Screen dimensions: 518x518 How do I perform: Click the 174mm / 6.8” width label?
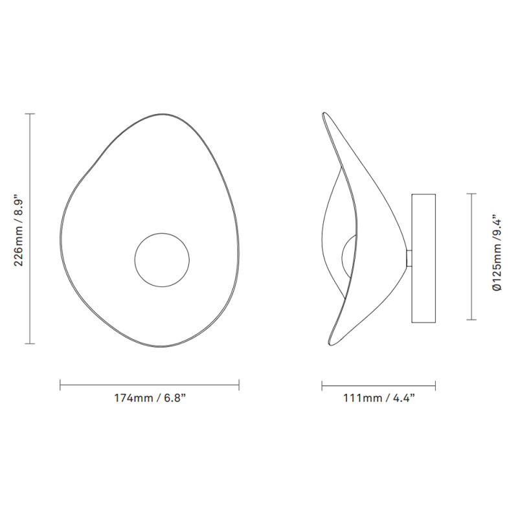(x=150, y=398)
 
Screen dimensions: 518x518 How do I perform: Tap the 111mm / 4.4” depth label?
(x=379, y=398)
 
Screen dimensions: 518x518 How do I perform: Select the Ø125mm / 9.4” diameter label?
(x=497, y=256)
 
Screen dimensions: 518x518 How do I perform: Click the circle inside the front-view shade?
(x=162, y=260)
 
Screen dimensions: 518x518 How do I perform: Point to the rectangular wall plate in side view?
(x=423, y=256)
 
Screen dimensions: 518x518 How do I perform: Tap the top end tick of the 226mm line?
(x=29, y=114)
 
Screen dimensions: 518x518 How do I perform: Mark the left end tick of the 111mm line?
(x=322, y=386)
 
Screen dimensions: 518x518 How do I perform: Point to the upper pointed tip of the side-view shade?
(x=324, y=115)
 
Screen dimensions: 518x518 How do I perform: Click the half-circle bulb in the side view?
(x=349, y=255)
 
